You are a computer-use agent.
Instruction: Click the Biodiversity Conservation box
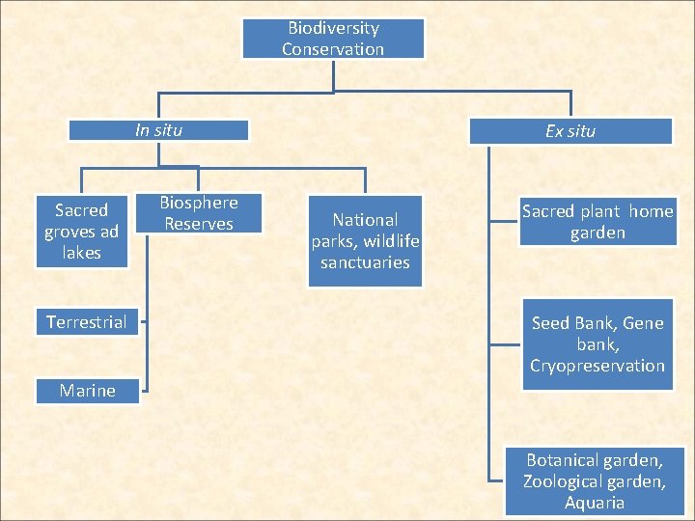point(333,39)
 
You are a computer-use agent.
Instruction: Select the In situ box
point(158,129)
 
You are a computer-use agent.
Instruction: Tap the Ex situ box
point(570,130)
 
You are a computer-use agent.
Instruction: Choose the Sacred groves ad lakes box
point(81,232)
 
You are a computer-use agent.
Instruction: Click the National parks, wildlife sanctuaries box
point(365,241)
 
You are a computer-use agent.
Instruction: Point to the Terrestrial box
point(87,322)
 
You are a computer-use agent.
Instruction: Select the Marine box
point(87,391)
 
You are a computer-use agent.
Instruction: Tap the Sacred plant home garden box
point(598,222)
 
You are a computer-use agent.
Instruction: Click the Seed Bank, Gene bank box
point(598,344)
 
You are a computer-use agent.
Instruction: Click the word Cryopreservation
point(598,366)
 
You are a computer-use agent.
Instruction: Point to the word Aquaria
point(595,503)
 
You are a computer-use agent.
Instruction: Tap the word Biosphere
point(198,203)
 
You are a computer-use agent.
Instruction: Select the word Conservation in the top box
point(333,49)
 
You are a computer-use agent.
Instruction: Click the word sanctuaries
point(365,262)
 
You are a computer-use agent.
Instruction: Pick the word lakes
point(81,253)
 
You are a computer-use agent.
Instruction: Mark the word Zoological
point(564,481)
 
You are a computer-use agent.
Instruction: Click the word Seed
point(550,323)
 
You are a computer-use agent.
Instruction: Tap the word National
point(365,220)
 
